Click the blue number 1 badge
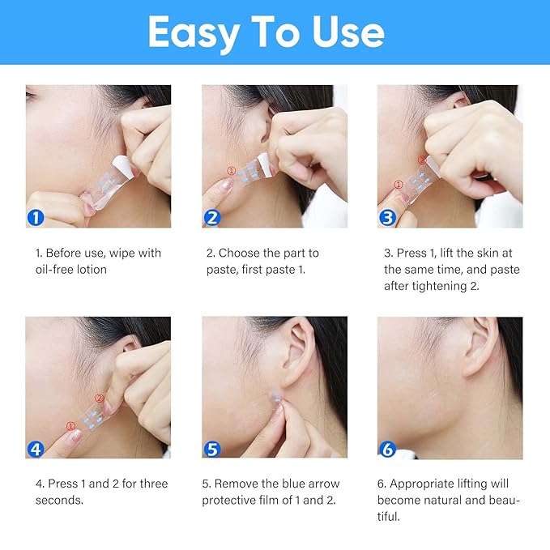click(x=36, y=217)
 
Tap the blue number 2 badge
click(x=212, y=217)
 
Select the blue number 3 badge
click(x=387, y=217)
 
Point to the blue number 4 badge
click(x=36, y=449)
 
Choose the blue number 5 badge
click(x=212, y=449)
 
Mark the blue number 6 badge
click(x=387, y=449)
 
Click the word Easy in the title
click(x=192, y=32)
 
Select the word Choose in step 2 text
click(x=240, y=253)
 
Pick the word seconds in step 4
click(x=59, y=500)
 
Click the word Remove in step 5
click(x=240, y=484)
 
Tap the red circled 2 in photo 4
click(x=99, y=398)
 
